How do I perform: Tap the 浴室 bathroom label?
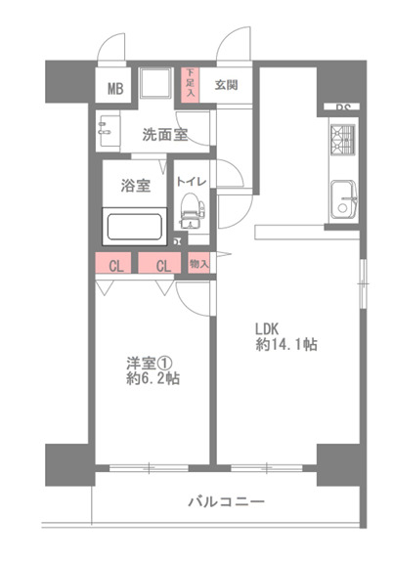136,184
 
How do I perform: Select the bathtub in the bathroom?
135,229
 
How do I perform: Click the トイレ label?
191,180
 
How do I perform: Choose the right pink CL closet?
162,263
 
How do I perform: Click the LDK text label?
270,327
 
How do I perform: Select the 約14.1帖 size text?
285,345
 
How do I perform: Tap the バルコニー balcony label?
226,502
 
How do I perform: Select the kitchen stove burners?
343,139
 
